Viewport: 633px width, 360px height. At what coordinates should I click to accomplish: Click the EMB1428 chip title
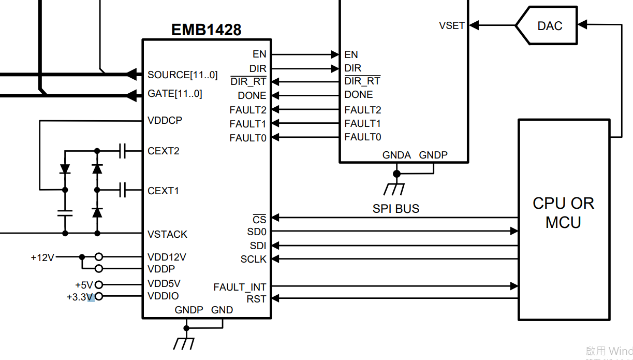(x=206, y=30)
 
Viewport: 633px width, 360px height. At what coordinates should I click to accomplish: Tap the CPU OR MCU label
(x=563, y=212)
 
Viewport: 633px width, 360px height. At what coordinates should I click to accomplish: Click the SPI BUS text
(x=396, y=209)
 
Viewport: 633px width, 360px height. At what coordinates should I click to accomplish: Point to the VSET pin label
(x=452, y=25)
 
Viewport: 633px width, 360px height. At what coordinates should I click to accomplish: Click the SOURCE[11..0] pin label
(x=182, y=75)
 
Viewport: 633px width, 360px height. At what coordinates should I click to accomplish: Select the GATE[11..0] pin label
(x=175, y=94)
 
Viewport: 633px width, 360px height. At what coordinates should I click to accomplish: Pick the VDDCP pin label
(x=165, y=120)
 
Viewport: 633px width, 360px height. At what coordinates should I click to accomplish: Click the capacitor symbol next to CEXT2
(x=122, y=151)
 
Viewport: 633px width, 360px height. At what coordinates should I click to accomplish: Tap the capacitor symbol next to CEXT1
(x=122, y=190)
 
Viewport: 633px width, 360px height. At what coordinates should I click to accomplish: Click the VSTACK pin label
(x=167, y=234)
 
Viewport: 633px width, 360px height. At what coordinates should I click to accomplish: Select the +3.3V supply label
(x=79, y=297)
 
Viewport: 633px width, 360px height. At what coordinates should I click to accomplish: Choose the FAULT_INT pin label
(x=240, y=286)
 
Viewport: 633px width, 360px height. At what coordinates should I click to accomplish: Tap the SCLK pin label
(x=253, y=259)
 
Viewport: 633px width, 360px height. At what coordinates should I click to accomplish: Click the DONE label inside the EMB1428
(x=252, y=96)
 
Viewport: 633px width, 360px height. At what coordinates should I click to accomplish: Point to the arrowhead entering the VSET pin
(x=473, y=25)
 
